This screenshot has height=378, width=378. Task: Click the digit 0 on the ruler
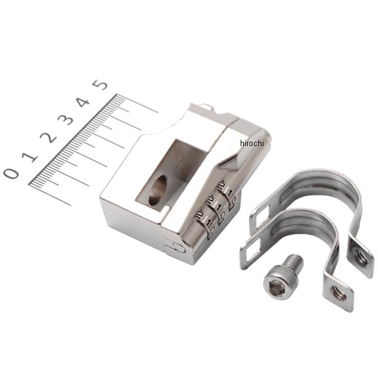click(11, 173)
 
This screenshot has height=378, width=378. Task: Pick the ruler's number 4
click(83, 101)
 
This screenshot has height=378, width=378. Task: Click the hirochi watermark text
click(251, 144)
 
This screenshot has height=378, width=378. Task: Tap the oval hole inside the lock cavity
click(159, 190)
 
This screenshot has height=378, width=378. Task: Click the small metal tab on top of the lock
click(207, 108)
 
